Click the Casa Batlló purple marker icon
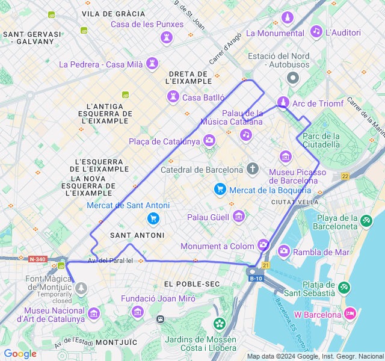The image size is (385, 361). click(173, 97)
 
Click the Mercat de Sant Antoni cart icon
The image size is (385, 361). click(153, 218)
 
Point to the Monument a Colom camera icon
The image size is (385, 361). click(263, 245)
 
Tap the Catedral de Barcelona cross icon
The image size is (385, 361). click(253, 168)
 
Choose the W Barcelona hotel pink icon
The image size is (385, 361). click(350, 313)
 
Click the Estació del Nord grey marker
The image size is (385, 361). click(293, 78)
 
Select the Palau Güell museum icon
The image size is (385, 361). click(239, 216)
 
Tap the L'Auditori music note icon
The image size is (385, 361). click(316, 32)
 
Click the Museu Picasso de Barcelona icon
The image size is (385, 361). click(286, 157)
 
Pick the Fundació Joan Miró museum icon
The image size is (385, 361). click(138, 312)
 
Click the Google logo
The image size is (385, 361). click(20, 354)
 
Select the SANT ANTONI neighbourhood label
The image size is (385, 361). click(133, 235)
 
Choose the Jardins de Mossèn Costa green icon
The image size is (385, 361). click(220, 324)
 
